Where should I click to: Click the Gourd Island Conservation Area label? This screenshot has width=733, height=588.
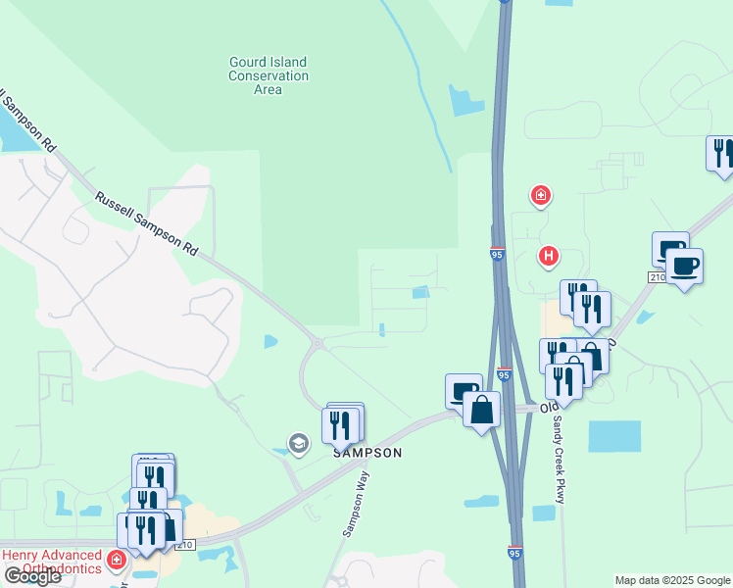pos(268,75)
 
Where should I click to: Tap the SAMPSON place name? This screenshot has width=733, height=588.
pos(367,453)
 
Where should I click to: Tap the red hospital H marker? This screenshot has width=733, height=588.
pos(549,258)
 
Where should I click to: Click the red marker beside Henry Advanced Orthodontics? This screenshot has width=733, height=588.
pos(117,560)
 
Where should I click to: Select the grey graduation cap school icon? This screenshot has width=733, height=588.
pos(298,444)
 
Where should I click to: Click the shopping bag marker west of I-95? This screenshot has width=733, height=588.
pos(482,410)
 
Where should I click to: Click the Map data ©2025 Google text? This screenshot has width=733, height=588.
pos(672,580)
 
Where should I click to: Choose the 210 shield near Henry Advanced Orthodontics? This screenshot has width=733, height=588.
pos(186,545)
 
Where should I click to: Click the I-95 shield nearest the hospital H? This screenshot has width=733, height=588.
pos(497,255)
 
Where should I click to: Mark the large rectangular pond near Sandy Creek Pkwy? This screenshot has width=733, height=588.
pos(614,436)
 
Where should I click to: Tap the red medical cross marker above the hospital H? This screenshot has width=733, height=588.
pos(540,196)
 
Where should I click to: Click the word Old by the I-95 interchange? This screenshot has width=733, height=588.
pos(550,406)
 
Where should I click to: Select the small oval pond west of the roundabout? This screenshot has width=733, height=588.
pos(270,341)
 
